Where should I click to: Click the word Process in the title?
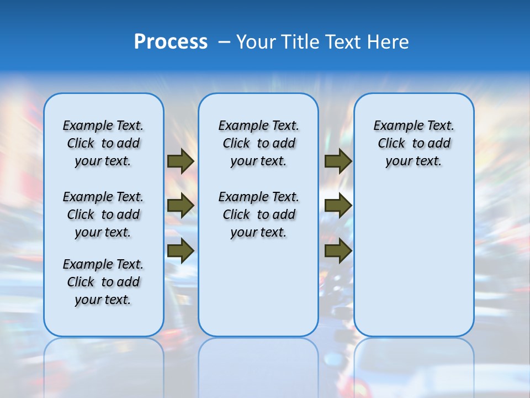(x=171, y=42)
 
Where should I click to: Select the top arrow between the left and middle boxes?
(x=181, y=161)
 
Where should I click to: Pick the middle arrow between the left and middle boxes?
(x=181, y=206)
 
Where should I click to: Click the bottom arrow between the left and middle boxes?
(x=181, y=250)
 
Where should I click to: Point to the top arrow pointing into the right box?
(x=338, y=161)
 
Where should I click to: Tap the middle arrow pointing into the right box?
(x=338, y=206)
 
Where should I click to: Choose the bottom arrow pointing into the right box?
(x=338, y=250)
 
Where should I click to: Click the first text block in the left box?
(x=103, y=143)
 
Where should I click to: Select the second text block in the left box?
(x=103, y=214)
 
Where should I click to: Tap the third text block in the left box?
(x=103, y=282)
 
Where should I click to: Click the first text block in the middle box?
(x=258, y=143)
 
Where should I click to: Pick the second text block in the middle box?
(x=258, y=214)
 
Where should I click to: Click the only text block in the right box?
(x=414, y=143)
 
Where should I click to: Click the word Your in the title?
(x=256, y=42)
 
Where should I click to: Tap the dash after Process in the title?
(x=224, y=42)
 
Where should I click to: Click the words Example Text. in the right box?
(x=414, y=125)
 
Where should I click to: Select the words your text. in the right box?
(x=414, y=161)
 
